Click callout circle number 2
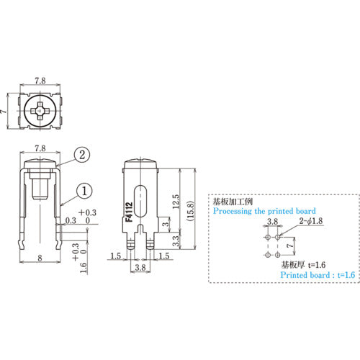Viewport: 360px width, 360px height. coord(84,154)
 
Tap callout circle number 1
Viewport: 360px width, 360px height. coord(84,191)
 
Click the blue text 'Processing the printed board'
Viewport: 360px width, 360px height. coord(256,213)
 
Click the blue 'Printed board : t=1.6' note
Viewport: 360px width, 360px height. coord(317,275)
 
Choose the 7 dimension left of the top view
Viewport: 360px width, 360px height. coord(5,111)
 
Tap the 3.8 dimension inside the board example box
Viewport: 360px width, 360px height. coord(273,224)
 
